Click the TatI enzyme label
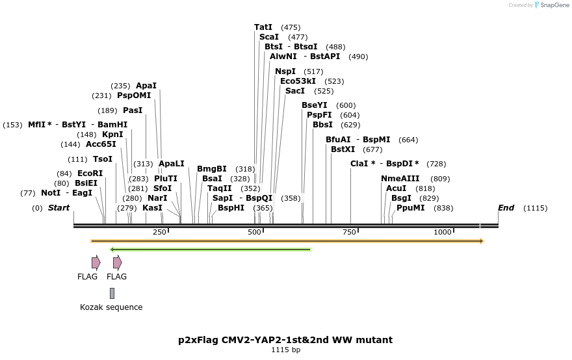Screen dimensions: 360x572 pyautogui.click(x=263, y=27)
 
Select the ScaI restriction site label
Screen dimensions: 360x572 pyautogui.click(x=269, y=37)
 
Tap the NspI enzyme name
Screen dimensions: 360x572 pyautogui.click(x=285, y=71)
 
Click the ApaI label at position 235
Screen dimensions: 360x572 pyautogui.click(x=146, y=86)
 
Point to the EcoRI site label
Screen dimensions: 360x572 pyautogui.click(x=90, y=174)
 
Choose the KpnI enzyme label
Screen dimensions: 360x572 pyautogui.click(x=112, y=135)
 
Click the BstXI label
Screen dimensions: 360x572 pyautogui.click(x=343, y=149)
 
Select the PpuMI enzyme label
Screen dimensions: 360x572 pyautogui.click(x=411, y=208)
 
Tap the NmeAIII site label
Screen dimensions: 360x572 pyautogui.click(x=400, y=179)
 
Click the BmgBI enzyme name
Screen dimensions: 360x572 pyautogui.click(x=212, y=169)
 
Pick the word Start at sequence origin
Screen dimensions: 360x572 pyautogui.click(x=58, y=208)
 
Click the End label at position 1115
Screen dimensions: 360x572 pyautogui.click(x=506, y=208)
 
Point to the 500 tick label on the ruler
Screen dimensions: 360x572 pyautogui.click(x=255, y=233)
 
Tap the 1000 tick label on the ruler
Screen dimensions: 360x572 pyautogui.click(x=443, y=233)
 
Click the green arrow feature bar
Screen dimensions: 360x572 pyautogui.click(x=211, y=249)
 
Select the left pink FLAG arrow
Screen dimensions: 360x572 pyautogui.click(x=96, y=263)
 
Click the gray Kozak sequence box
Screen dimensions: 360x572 pyautogui.click(x=112, y=293)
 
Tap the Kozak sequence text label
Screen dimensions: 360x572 pyautogui.click(x=111, y=307)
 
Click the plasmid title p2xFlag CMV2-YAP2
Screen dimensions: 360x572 pyautogui.click(x=285, y=340)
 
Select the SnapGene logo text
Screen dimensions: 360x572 pyautogui.click(x=552, y=5)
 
